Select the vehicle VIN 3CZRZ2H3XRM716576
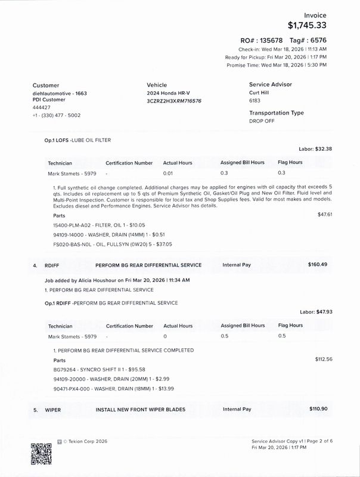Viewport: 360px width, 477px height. coord(174,101)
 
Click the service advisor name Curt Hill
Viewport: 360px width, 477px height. coord(260,93)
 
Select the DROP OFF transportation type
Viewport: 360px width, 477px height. coord(262,120)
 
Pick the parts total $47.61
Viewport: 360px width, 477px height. coord(328,213)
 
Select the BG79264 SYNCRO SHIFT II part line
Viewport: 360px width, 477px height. coord(95,370)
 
